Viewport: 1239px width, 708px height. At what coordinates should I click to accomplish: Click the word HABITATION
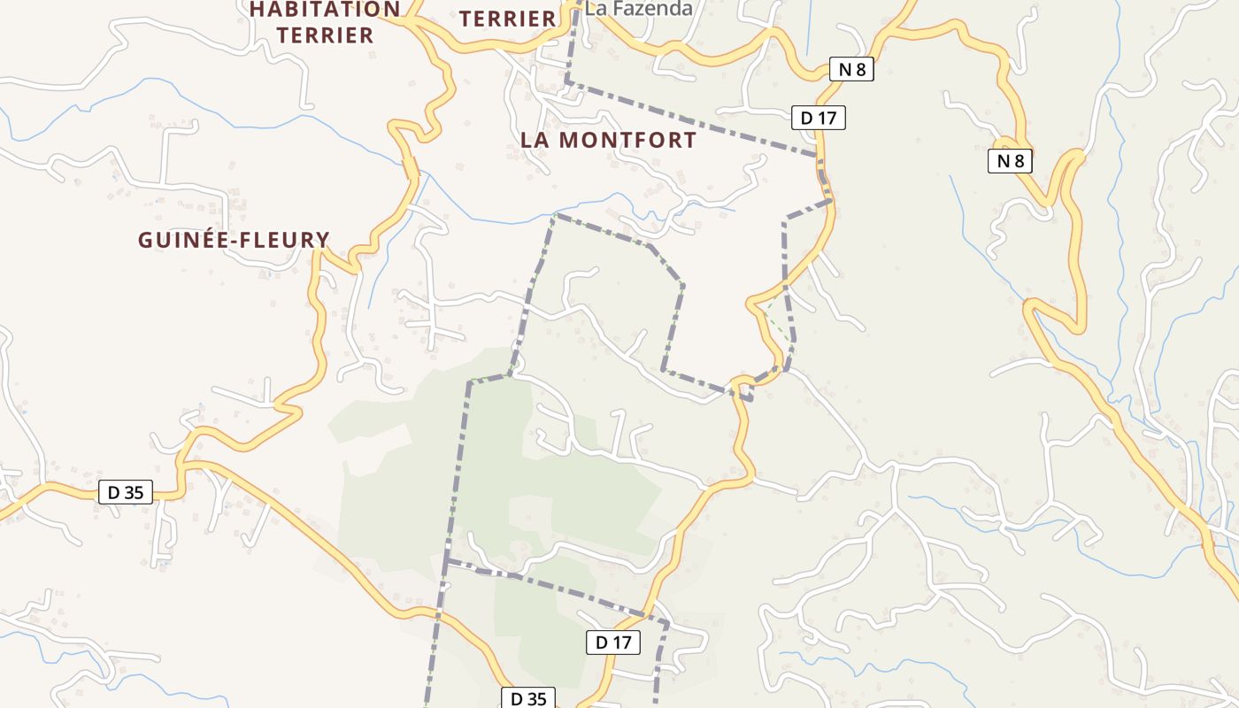pos(325,10)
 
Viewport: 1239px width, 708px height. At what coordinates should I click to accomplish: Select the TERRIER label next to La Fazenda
pos(507,19)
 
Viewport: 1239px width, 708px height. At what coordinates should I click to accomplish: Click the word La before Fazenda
pos(596,9)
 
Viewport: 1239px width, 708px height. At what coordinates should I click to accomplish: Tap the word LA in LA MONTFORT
pos(535,140)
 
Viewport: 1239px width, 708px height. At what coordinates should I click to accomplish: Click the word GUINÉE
pos(183,240)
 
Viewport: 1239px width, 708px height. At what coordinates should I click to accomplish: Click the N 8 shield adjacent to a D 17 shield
pos(851,70)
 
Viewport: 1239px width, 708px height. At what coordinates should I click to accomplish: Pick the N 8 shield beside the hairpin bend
pos(1010,161)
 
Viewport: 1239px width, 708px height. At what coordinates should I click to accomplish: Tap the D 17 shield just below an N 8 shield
pos(818,118)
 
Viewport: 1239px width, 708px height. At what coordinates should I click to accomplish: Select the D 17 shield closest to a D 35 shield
pos(613,643)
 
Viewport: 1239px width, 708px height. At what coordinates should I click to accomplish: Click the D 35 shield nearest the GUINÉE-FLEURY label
pos(126,492)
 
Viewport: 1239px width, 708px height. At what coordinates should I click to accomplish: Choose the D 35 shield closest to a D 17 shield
pos(528,698)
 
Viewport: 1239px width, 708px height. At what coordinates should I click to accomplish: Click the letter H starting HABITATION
pos(258,10)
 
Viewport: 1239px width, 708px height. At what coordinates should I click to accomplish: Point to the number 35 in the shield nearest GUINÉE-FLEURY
pos(133,492)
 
